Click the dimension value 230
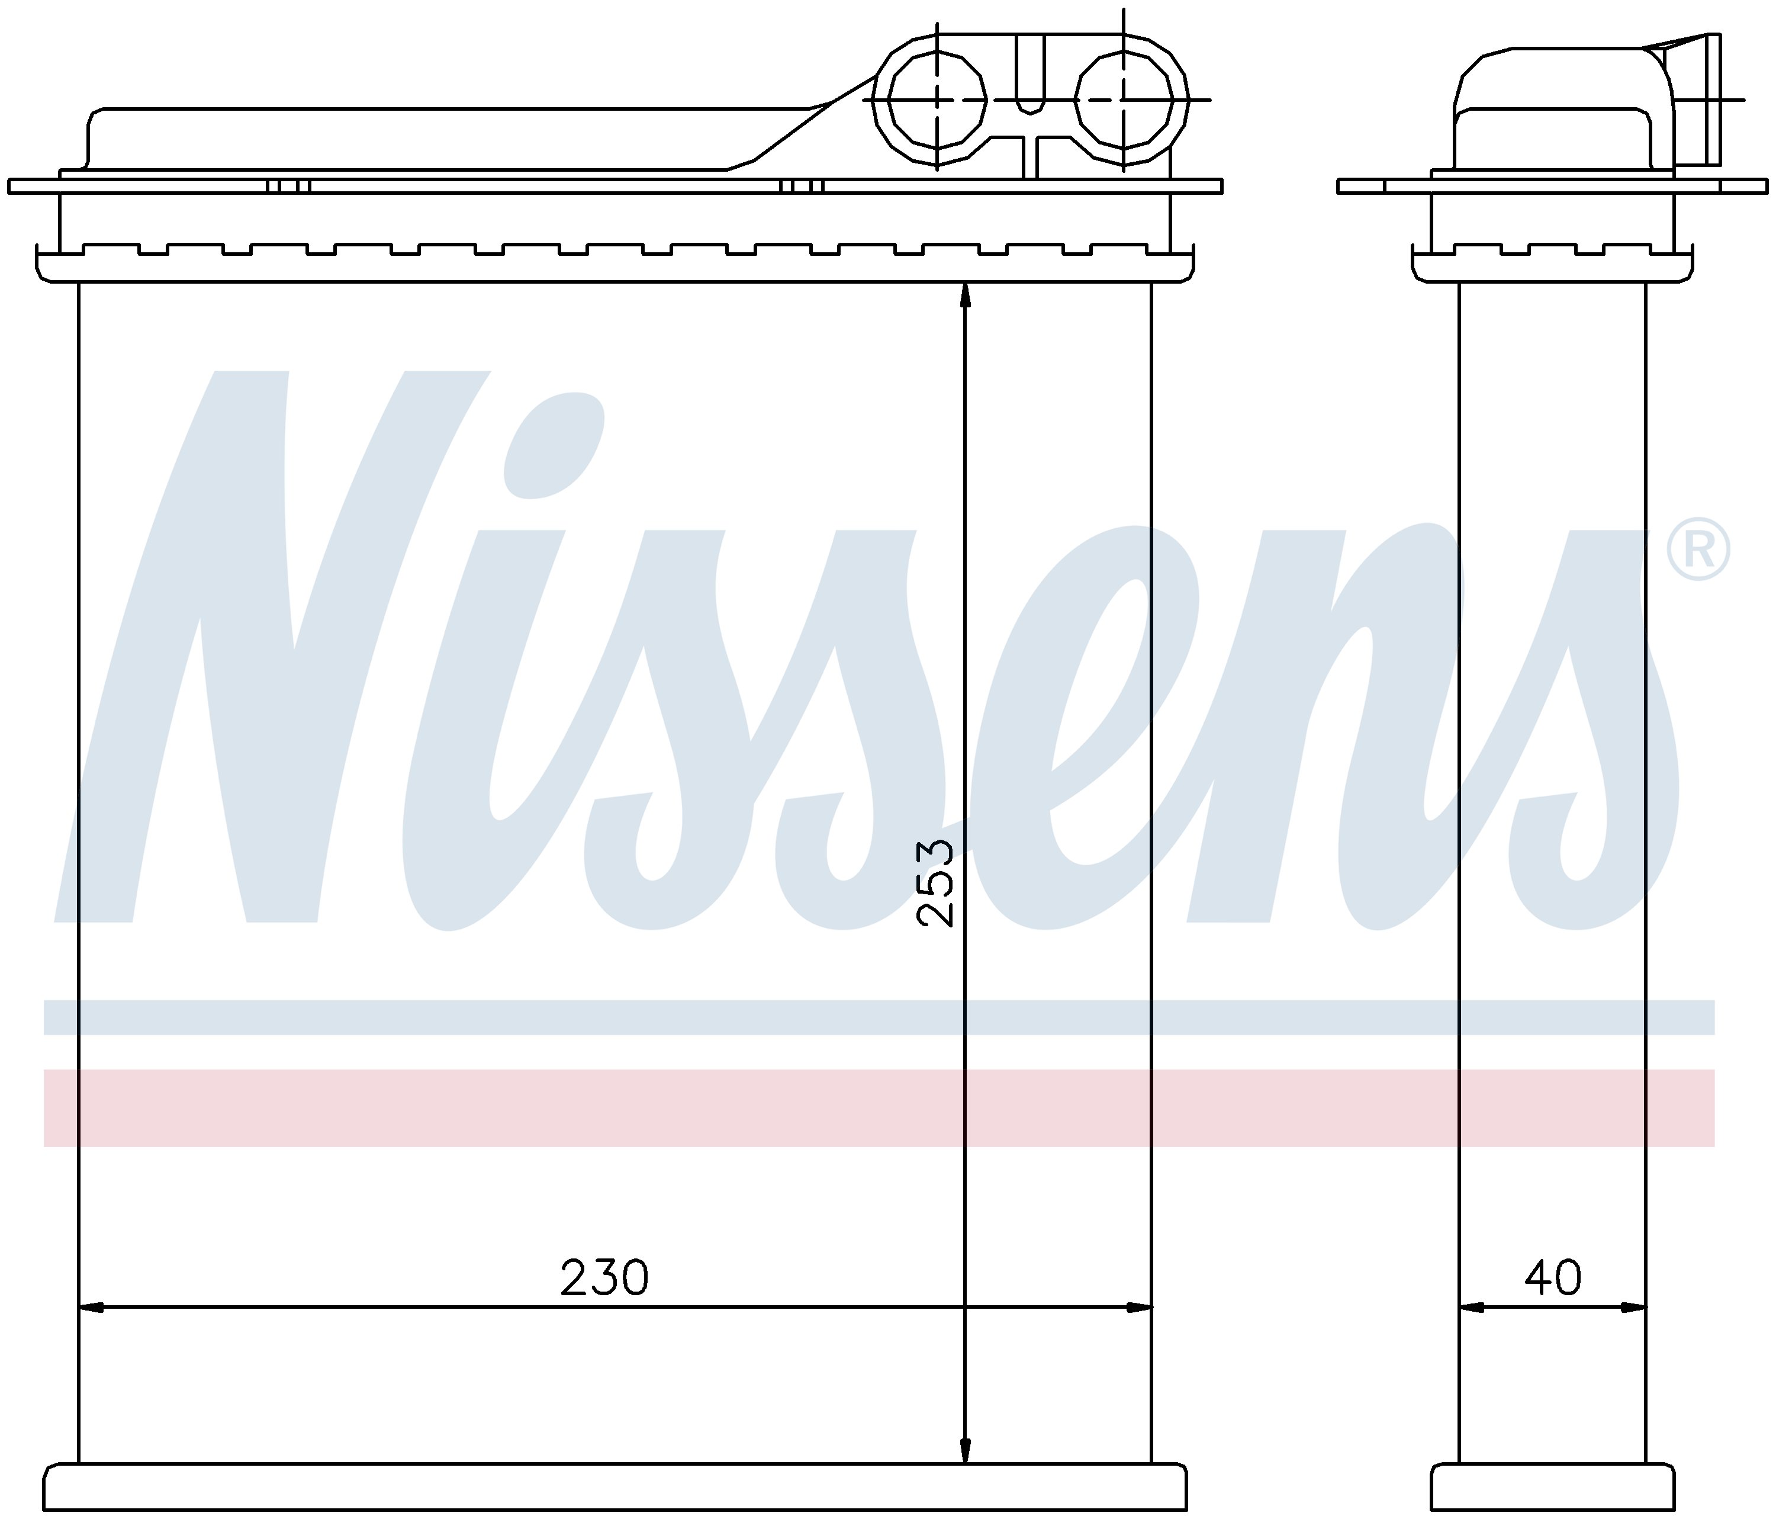604,1278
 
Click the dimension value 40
1552,1278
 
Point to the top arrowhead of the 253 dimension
965,295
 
